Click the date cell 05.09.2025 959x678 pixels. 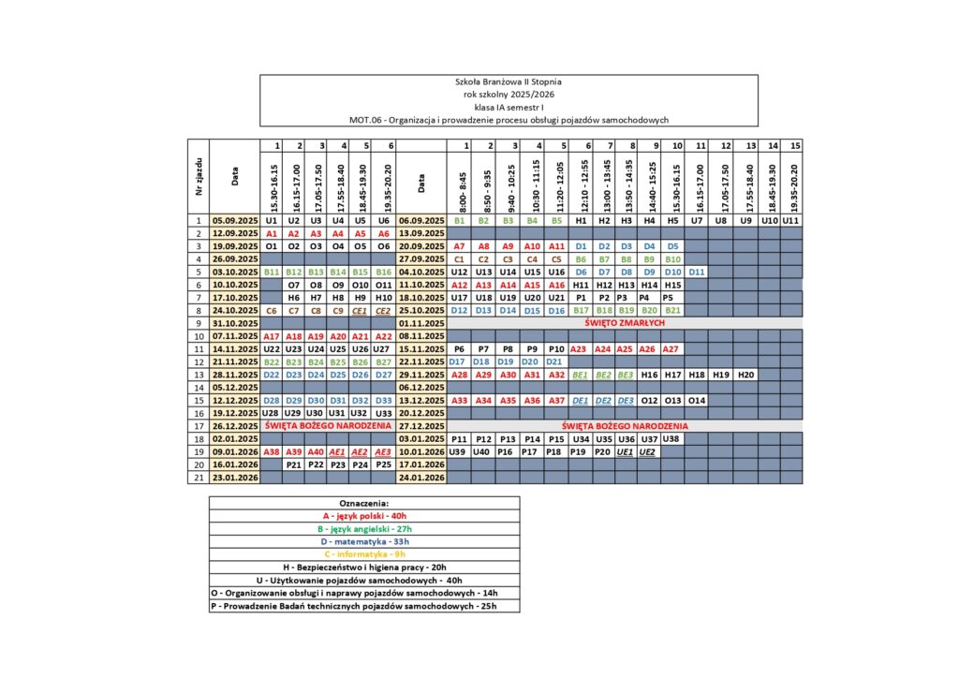pyautogui.click(x=235, y=220)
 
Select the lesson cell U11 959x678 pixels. pyautogui.click(x=790, y=220)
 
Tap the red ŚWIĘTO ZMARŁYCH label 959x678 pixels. pyautogui.click(x=624, y=322)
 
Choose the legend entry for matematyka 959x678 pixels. pyautogui.click(x=363, y=541)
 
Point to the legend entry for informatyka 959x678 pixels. pyautogui.click(x=363, y=554)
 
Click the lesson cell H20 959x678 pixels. pyautogui.click(x=745, y=374)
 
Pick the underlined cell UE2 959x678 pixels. pyautogui.click(x=647, y=450)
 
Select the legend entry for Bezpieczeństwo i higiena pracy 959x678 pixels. pyautogui.click(x=363, y=567)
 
